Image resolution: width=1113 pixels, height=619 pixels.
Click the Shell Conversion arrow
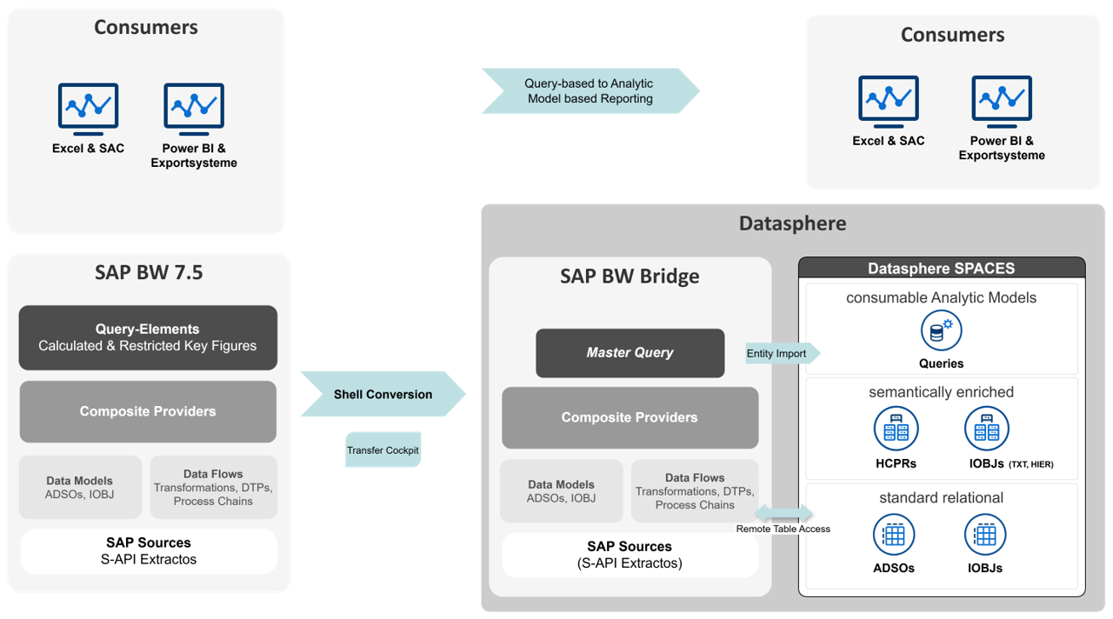click(x=383, y=395)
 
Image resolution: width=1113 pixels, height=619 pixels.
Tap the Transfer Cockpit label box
click(x=383, y=450)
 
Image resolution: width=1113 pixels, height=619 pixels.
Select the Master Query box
click(x=630, y=353)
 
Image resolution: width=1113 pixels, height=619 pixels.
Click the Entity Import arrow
click(x=780, y=353)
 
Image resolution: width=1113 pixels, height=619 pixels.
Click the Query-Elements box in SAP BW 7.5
click(x=148, y=337)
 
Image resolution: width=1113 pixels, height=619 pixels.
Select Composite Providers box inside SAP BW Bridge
click(x=630, y=418)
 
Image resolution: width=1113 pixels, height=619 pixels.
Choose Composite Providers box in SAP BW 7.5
click(x=148, y=411)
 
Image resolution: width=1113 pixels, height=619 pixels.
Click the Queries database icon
click(x=941, y=332)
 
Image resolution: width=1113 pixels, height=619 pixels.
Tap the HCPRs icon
click(x=896, y=429)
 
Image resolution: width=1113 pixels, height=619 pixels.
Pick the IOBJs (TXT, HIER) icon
click(x=986, y=429)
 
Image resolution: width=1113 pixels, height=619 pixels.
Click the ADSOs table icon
click(x=895, y=535)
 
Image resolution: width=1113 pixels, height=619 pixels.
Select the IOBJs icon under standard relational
click(x=985, y=535)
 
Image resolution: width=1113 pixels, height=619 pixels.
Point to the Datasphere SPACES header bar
click(x=941, y=269)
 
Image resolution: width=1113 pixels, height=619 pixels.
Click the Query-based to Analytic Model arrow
click(x=590, y=91)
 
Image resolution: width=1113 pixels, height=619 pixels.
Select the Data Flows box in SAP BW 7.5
click(x=213, y=488)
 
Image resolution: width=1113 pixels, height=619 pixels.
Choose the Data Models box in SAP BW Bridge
click(x=561, y=491)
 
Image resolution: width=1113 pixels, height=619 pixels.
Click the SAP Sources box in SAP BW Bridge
click(x=630, y=555)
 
